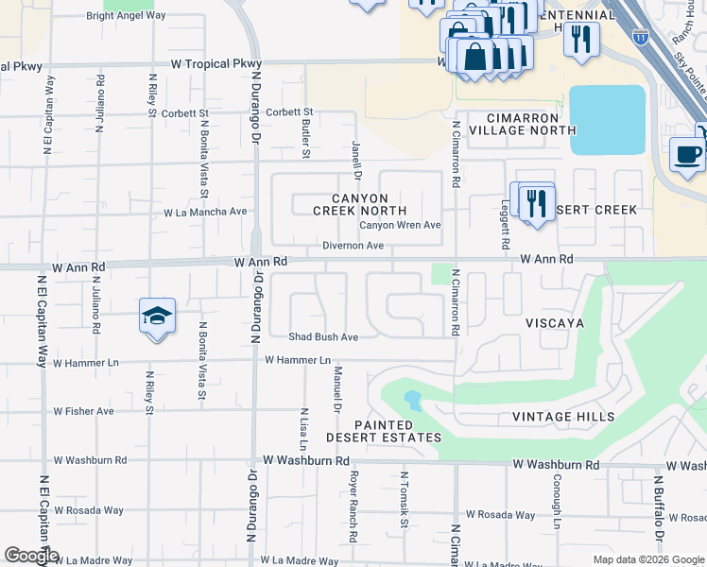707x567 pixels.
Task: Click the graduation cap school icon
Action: click(x=158, y=316)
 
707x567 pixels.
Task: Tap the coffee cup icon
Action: click(x=687, y=153)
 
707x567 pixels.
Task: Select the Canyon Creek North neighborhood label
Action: click(x=360, y=204)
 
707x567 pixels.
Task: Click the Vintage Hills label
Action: click(x=563, y=417)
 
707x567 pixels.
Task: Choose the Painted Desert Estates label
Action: click(x=384, y=431)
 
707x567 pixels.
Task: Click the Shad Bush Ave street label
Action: click(x=323, y=336)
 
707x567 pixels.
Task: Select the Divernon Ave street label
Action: click(x=353, y=246)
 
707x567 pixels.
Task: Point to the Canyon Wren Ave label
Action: click(x=400, y=225)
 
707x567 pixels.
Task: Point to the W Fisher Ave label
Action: click(x=83, y=411)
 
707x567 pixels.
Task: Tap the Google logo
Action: click(x=31, y=556)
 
